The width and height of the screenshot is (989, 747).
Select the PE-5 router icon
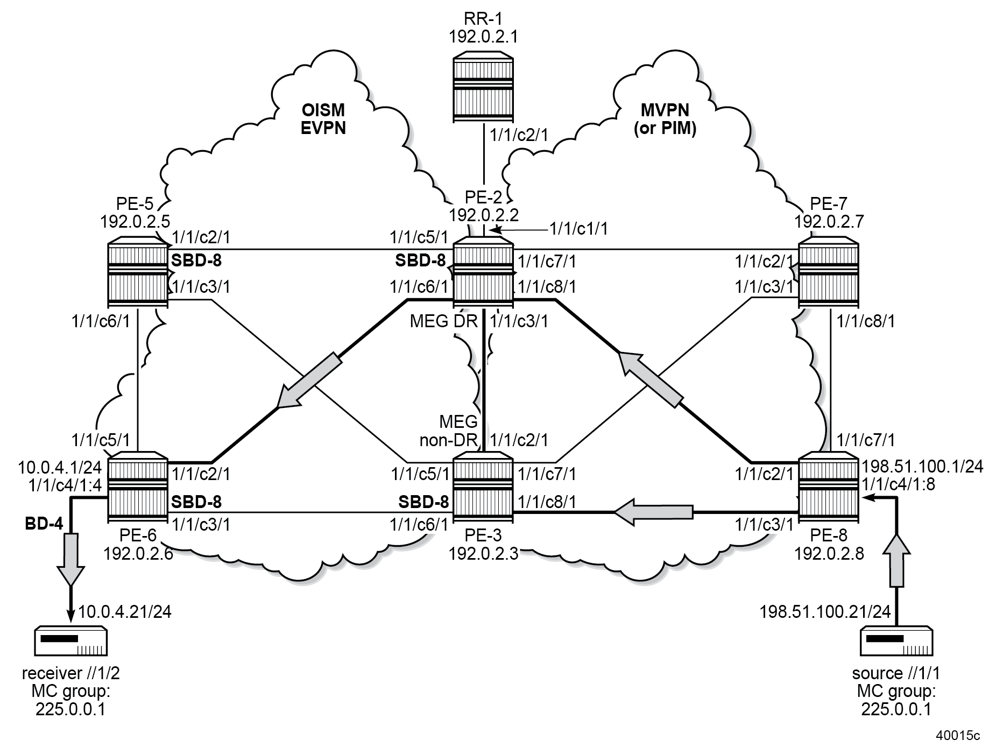pos(137,273)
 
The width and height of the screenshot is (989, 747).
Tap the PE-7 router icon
pos(828,273)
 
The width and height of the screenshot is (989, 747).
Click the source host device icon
pos(896,640)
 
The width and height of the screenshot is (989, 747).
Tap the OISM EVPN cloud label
pos(323,119)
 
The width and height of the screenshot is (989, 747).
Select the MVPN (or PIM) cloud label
pos(665,119)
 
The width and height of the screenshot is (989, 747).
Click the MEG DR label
pos(444,321)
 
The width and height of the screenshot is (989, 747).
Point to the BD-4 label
pos(44,523)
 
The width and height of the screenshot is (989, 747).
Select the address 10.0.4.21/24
pos(125,611)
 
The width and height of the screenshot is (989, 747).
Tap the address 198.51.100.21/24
pos(825,611)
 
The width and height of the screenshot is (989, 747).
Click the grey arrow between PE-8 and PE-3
pos(654,511)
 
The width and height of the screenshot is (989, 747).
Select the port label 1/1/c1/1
pos(578,229)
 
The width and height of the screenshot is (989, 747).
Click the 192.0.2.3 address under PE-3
pos(483,553)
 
